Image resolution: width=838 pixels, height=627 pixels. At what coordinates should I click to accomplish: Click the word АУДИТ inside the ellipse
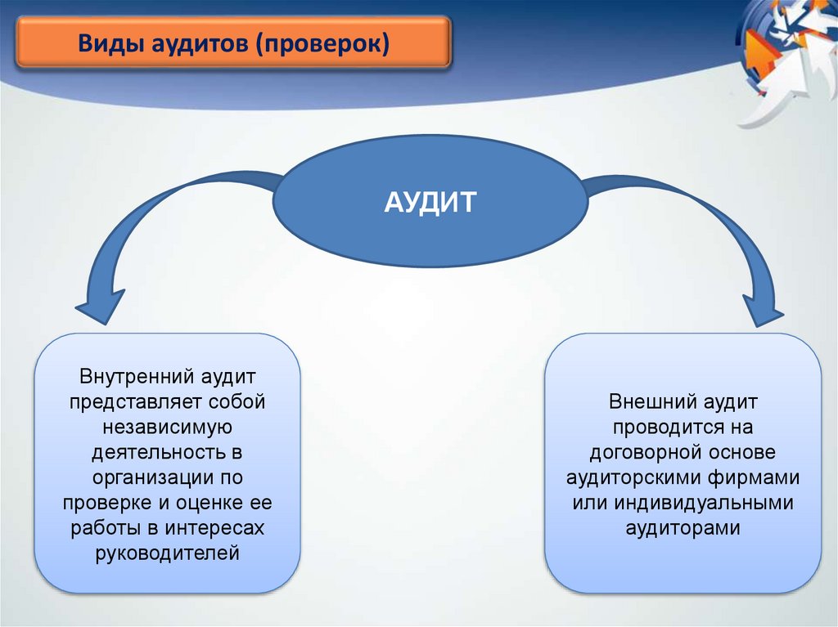pyautogui.click(x=430, y=202)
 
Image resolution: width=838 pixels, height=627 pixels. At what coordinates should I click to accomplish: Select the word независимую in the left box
pyautogui.click(x=169, y=427)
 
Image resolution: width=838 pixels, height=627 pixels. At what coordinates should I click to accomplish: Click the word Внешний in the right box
pyautogui.click(x=651, y=402)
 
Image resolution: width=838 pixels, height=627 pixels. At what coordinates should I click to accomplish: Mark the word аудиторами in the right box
pyautogui.click(x=683, y=527)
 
